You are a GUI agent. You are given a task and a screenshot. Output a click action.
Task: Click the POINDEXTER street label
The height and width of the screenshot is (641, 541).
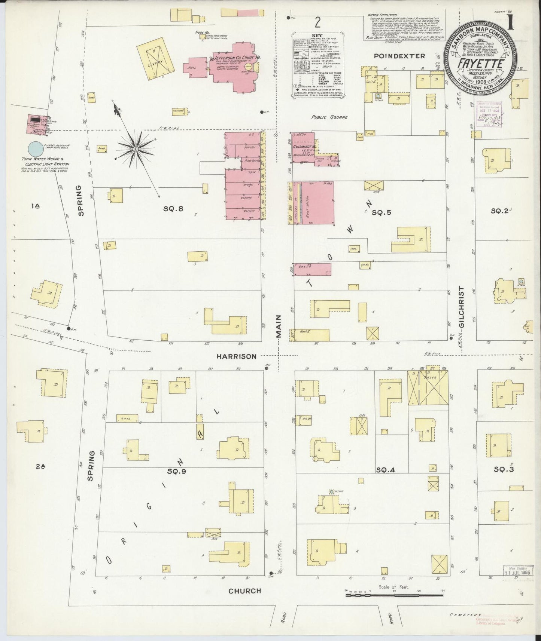click(399, 56)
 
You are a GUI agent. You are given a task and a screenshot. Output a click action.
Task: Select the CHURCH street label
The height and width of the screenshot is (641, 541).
click(244, 591)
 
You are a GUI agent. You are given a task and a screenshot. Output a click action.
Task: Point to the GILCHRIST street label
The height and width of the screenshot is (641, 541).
click(461, 307)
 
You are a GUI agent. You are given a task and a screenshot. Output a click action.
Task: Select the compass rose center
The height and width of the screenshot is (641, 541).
click(136, 149)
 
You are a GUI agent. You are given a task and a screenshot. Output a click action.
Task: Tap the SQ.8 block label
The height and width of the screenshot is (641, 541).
click(173, 209)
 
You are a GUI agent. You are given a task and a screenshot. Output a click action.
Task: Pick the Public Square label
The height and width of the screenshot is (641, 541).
click(330, 117)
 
